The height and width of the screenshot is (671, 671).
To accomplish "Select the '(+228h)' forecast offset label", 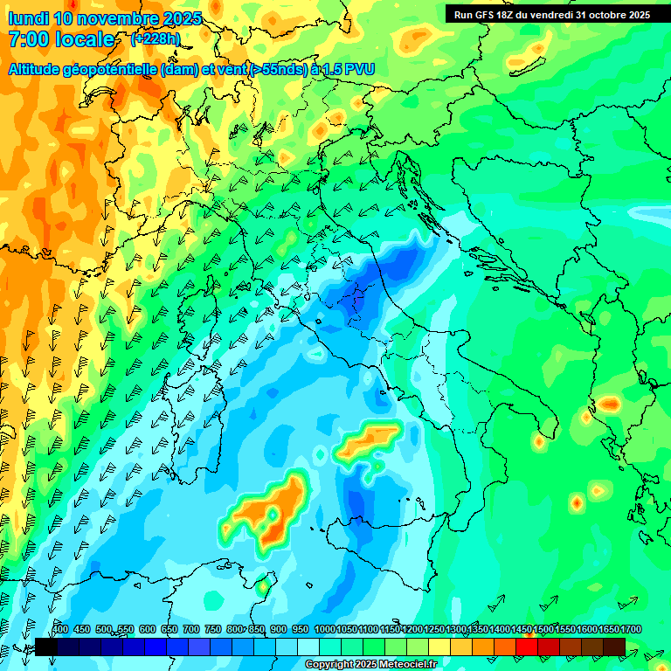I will (x=156, y=39).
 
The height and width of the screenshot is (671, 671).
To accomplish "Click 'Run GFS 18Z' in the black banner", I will (x=488, y=14).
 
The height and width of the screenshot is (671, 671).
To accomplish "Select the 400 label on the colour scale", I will (x=60, y=629).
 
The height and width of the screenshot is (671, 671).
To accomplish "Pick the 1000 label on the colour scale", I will (x=325, y=629).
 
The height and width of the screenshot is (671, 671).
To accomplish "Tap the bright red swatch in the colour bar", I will (x=527, y=647).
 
